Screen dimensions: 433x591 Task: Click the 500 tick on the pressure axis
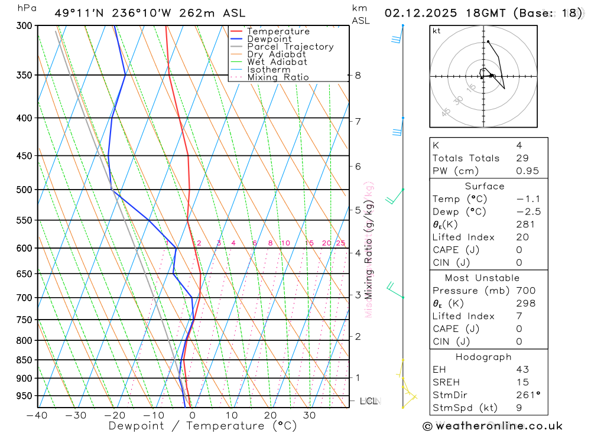(x=24, y=190)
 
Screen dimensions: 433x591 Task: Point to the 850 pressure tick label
(x=24, y=360)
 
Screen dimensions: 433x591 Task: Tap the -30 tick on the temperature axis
(x=76, y=415)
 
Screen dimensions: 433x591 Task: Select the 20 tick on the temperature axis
(x=270, y=415)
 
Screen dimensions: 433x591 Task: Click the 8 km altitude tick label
(x=358, y=75)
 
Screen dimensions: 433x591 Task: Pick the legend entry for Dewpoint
(x=269, y=39)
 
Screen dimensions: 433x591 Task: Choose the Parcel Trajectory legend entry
(x=290, y=47)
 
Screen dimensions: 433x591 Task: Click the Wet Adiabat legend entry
(x=277, y=62)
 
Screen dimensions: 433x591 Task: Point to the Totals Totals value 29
(x=522, y=158)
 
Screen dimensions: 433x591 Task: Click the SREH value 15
(x=522, y=383)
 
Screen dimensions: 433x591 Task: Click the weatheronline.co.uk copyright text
(x=492, y=426)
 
